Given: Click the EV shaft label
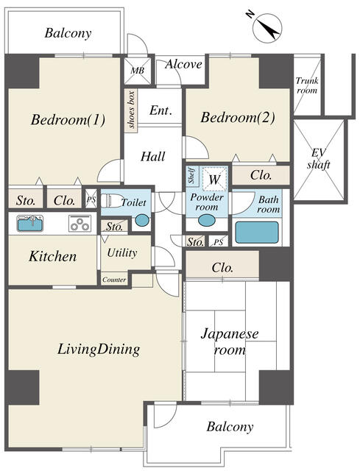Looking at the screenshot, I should (x=318, y=158).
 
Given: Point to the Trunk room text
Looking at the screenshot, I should (x=306, y=85).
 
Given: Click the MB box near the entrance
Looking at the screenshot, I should (x=137, y=71).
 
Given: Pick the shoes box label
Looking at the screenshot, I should (x=131, y=110).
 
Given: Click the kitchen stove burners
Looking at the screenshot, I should (x=80, y=224).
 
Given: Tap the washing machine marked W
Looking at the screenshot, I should (x=214, y=179).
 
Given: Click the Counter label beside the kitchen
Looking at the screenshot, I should (x=114, y=280).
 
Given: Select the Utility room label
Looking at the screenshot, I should (x=122, y=253).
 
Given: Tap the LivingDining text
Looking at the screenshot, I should (x=99, y=350).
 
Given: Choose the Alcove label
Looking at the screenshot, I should (x=183, y=65).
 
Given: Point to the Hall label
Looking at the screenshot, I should (x=152, y=156).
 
